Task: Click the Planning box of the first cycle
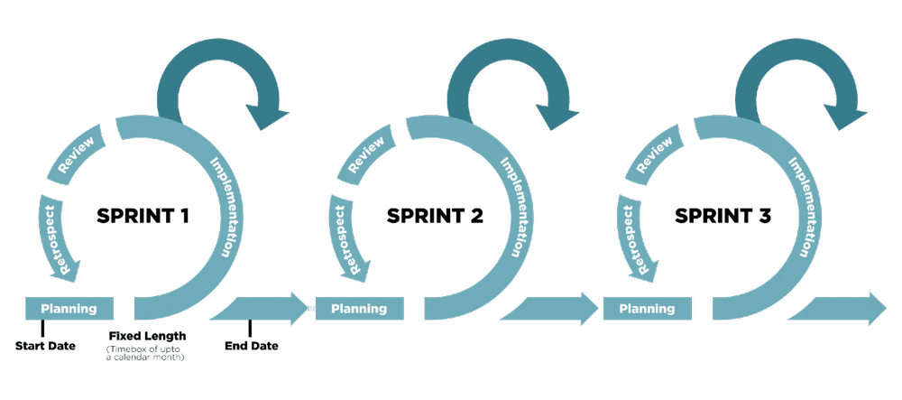click(x=69, y=309)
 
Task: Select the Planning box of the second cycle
click(x=359, y=309)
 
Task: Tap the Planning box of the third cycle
click(x=647, y=309)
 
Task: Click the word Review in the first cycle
click(x=77, y=155)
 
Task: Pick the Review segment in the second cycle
click(x=366, y=155)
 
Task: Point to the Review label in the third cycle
click(x=654, y=155)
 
